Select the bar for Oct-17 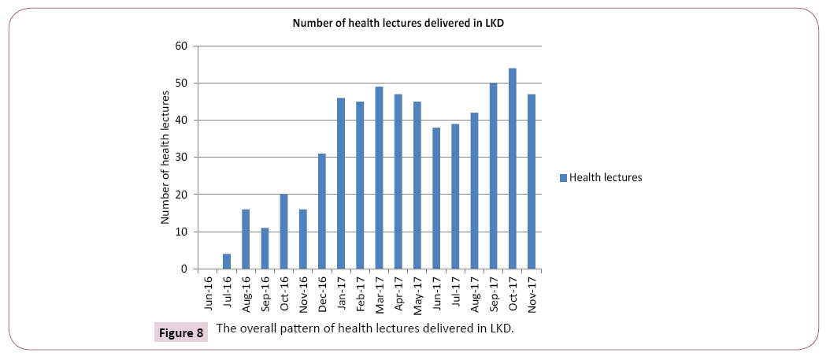pos(512,169)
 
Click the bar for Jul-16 pos(227,262)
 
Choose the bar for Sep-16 pos(265,248)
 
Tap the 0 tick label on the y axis pos(183,269)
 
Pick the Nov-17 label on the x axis pos(532,293)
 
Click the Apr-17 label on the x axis pos(398,293)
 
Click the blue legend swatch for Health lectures pos(563,178)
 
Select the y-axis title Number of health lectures pos(165,158)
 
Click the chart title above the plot pos(398,23)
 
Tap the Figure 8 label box pos(180,333)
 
